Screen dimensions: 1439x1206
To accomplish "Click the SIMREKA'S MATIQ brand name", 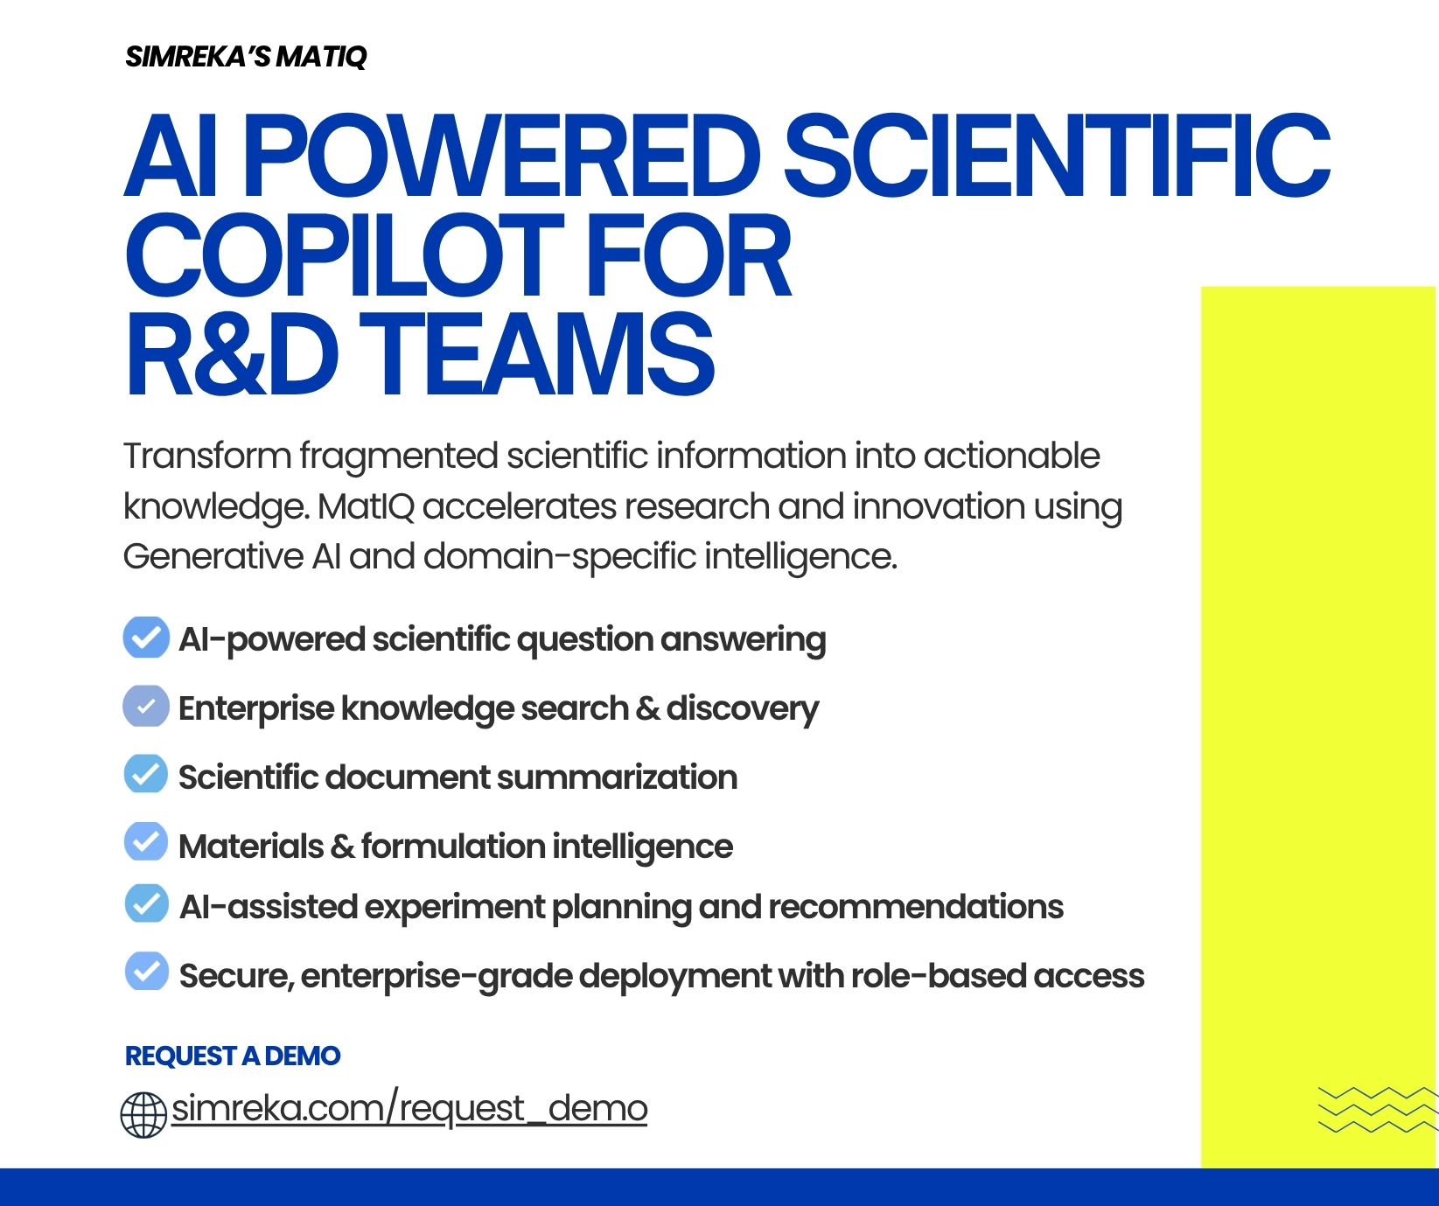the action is [x=246, y=57].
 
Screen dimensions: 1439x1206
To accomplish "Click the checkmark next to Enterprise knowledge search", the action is [x=146, y=706].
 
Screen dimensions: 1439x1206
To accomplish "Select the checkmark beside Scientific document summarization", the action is [x=146, y=774].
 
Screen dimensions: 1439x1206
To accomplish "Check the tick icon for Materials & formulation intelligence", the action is [x=146, y=842].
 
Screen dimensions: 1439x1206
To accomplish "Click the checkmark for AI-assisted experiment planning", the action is [x=147, y=903].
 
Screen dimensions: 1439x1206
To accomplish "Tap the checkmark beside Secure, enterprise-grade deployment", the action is [x=147, y=972].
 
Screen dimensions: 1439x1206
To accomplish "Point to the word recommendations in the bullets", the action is [x=916, y=907].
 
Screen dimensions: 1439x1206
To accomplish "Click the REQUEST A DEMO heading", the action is [x=233, y=1056].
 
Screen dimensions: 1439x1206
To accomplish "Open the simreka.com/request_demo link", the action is [x=409, y=1108].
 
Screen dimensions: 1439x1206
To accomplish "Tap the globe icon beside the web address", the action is [x=143, y=1115].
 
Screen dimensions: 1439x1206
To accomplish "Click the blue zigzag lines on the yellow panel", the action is [x=1377, y=1109].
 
